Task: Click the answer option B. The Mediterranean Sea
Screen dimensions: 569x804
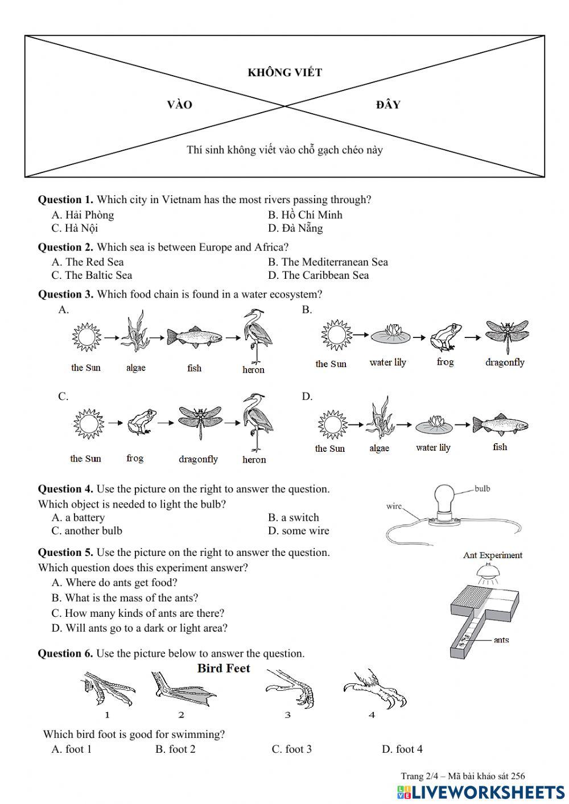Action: point(328,262)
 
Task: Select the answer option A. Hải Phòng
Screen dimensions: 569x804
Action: point(83,215)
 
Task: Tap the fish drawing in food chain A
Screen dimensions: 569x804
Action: point(195,337)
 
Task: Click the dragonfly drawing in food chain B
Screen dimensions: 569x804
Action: point(507,336)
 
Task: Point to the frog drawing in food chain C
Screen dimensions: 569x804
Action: point(142,422)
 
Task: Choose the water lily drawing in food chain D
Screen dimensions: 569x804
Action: point(434,425)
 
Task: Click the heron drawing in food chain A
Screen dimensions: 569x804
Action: point(257,336)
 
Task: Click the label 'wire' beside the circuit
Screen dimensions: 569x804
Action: point(394,506)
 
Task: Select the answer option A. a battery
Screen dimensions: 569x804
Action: point(79,518)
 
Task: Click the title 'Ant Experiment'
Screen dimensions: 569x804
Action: point(493,555)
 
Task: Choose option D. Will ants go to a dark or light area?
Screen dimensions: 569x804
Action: point(139,628)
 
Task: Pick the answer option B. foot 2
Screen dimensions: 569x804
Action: point(176,749)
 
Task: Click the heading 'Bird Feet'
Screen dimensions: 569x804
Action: point(224,668)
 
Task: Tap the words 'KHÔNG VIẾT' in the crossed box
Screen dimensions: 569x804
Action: point(285,72)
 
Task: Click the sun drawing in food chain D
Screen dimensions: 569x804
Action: point(333,425)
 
